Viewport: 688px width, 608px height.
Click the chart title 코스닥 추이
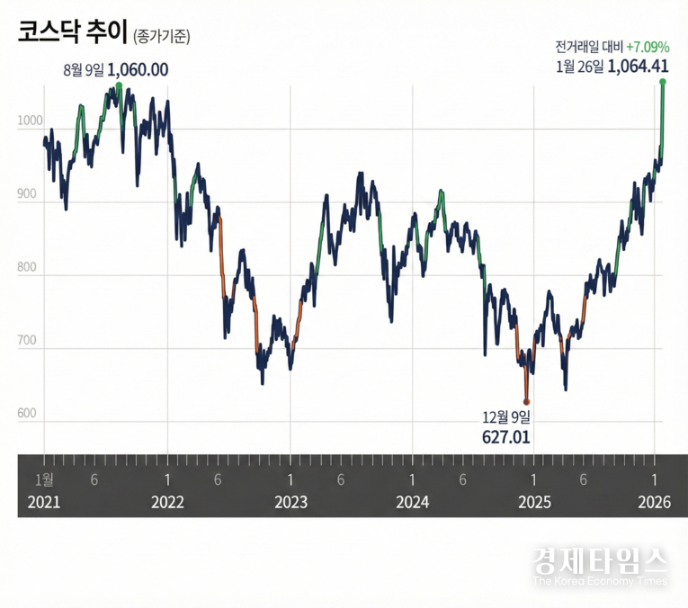73,33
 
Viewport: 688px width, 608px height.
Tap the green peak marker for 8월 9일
119,86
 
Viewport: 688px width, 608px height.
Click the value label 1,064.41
638,65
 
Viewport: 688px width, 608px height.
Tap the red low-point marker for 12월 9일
527,401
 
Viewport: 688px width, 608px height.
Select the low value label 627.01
506,437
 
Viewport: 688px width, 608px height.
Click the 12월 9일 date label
506,417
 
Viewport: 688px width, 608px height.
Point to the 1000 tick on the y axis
29,120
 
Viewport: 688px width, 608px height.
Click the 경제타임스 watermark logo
600,562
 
